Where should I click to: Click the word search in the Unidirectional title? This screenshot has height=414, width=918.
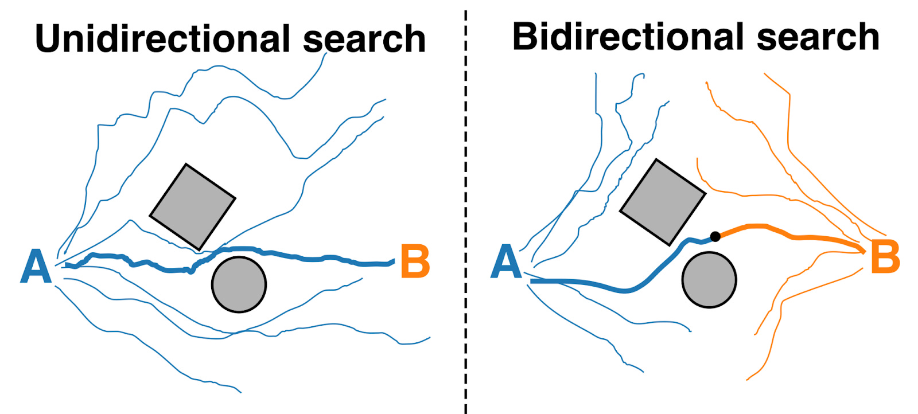click(364, 39)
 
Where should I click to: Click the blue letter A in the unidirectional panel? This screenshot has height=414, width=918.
click(36, 267)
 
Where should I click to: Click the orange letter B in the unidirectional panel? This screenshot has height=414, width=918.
click(414, 261)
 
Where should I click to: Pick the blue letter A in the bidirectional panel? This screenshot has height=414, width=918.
click(506, 261)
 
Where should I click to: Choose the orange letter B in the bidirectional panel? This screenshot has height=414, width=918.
click(885, 257)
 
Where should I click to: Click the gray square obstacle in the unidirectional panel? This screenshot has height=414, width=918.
click(193, 207)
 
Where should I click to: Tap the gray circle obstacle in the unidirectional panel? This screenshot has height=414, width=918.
click(239, 284)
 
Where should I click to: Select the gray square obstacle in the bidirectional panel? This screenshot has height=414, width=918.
click(663, 202)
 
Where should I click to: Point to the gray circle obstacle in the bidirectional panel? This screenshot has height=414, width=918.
click(709, 280)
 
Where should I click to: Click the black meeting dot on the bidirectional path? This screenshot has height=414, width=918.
click(715, 236)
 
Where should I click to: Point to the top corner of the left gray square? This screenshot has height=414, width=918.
click(186, 165)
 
